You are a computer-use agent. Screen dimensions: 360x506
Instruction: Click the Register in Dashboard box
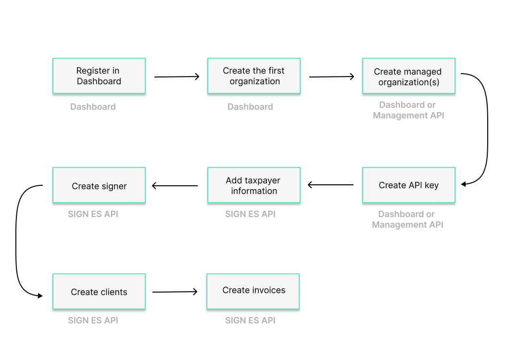pos(99,76)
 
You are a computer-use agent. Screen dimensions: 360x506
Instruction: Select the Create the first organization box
pos(254,76)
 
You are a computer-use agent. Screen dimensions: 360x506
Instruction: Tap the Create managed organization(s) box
pos(408,77)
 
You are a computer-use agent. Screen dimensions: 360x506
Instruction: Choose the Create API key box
pos(408,185)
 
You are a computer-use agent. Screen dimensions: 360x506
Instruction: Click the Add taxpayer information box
pos(254,185)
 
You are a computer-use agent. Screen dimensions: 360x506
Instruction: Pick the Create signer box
pos(99,185)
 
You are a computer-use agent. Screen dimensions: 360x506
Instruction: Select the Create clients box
pos(99,292)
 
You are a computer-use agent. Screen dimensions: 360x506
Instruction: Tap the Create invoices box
pos(253,291)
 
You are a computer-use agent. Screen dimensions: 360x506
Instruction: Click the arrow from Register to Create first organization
pos(177,77)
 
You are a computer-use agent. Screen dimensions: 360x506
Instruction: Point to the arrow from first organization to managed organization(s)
pos(331,77)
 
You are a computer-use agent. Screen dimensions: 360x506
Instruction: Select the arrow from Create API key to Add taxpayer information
pos(331,185)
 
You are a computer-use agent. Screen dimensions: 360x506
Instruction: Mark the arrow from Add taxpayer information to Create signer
pos(175,186)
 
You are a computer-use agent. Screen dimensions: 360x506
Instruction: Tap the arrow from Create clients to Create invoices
pos(175,292)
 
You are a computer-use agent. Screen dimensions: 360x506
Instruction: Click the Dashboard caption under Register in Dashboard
pos(93,107)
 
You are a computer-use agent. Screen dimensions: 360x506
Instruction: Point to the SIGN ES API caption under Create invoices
pos(250,321)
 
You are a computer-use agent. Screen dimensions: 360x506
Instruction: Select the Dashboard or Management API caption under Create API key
pos(407,219)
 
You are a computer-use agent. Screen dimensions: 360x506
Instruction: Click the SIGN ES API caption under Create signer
pos(93,214)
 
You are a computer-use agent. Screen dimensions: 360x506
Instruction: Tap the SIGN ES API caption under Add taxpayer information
pos(250,214)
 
